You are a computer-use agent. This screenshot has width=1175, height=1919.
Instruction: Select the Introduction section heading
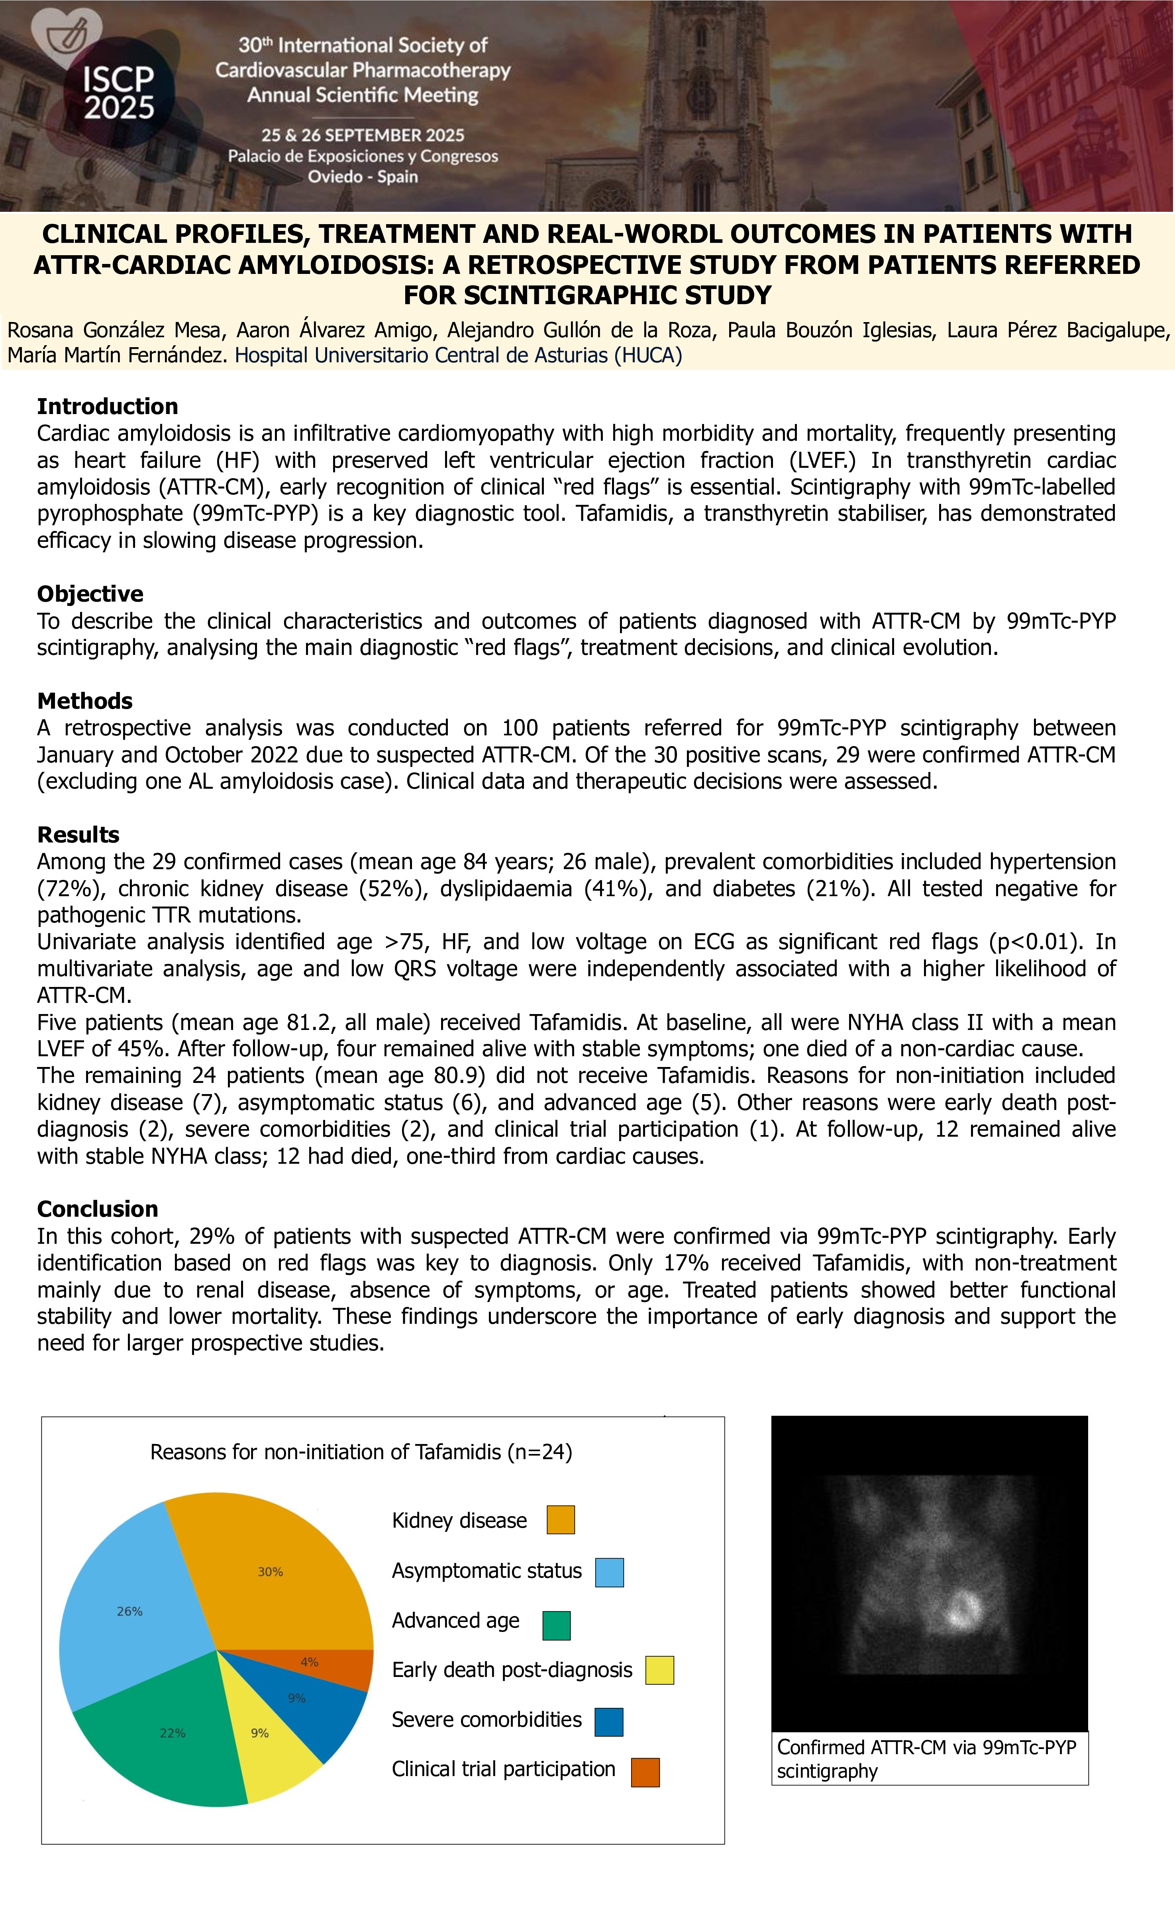[x=108, y=406]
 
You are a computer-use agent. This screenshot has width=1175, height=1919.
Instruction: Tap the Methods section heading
[x=85, y=701]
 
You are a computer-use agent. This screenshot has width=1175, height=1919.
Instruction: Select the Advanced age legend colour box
[x=556, y=1626]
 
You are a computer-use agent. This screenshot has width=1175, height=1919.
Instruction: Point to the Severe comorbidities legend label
[x=486, y=1720]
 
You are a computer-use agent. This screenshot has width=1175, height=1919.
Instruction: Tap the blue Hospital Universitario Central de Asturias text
[x=458, y=355]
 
